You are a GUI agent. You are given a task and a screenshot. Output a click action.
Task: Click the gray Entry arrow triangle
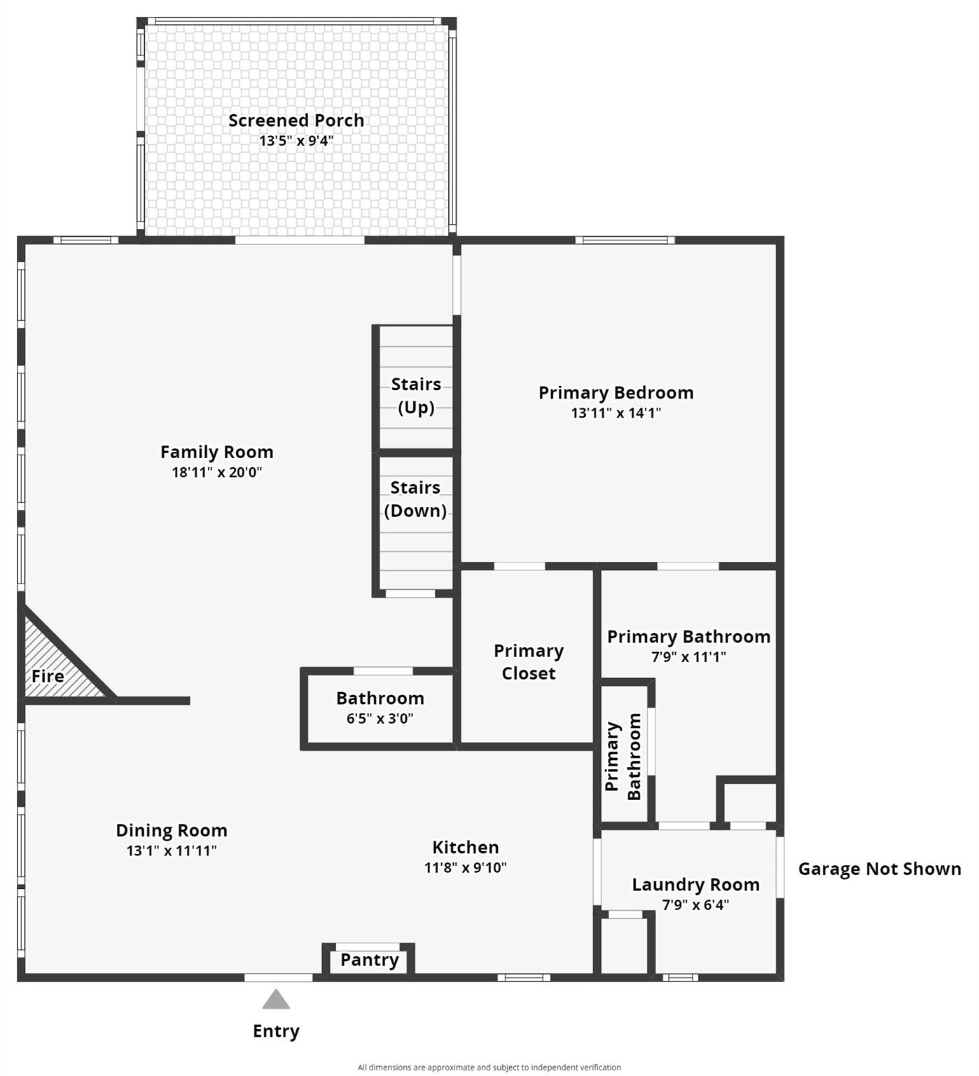[x=276, y=1000]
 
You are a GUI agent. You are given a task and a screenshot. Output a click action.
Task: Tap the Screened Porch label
[x=296, y=120]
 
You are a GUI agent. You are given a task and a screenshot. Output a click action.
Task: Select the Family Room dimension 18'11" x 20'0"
[x=217, y=472]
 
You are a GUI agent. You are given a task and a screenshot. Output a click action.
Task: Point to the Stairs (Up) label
[x=416, y=396]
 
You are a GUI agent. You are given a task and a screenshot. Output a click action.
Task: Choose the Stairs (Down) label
[x=415, y=499]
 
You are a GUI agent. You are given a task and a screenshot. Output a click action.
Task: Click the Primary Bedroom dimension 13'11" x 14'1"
[x=616, y=413]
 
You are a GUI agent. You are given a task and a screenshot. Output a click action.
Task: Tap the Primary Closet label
[x=529, y=662]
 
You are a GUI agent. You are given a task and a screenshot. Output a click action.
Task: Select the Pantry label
[x=369, y=960]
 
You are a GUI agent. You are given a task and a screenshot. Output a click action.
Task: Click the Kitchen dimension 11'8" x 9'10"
[x=466, y=867]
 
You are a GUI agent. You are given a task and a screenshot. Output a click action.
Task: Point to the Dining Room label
[x=172, y=830]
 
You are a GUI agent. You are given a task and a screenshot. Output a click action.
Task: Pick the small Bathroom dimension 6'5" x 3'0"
[x=380, y=718]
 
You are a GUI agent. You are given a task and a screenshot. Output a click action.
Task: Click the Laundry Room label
[x=695, y=885]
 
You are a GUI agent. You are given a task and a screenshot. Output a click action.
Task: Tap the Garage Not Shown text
[x=880, y=869]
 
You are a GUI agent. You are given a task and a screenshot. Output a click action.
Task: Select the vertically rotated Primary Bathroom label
[x=623, y=756]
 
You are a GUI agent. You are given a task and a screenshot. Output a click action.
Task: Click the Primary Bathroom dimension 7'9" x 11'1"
[x=688, y=656]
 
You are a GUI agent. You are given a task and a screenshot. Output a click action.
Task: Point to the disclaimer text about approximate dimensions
[x=489, y=1068]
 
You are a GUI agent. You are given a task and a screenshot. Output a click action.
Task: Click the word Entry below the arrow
[x=276, y=1031]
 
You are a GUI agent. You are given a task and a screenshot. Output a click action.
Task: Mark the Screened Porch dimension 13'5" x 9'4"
[x=296, y=141]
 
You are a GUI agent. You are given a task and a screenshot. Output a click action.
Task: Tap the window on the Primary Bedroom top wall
[x=625, y=240]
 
